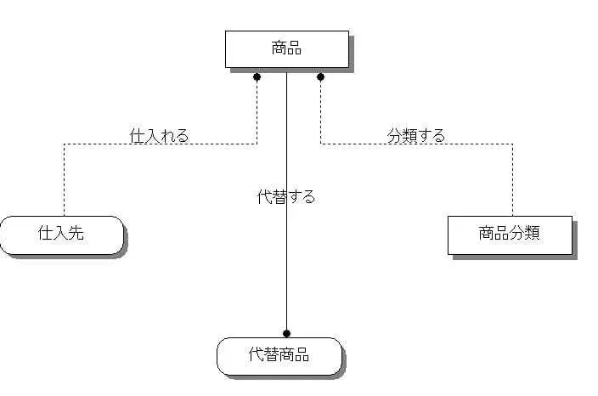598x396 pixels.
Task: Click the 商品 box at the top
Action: click(x=286, y=48)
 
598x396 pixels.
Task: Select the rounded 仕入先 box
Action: click(x=62, y=235)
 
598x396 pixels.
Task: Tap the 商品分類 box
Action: click(x=511, y=235)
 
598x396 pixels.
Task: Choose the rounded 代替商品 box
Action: click(x=279, y=355)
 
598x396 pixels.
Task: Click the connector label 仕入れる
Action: click(x=159, y=135)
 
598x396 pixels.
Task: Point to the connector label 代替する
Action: click(x=286, y=197)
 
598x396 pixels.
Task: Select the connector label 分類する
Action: click(x=416, y=135)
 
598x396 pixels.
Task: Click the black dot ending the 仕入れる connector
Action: click(x=257, y=76)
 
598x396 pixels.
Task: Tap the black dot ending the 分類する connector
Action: click(x=320, y=76)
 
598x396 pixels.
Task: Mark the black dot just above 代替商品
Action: click(x=287, y=332)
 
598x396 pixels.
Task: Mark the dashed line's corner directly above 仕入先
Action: click(x=65, y=144)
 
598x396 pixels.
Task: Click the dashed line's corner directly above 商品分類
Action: click(x=512, y=144)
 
